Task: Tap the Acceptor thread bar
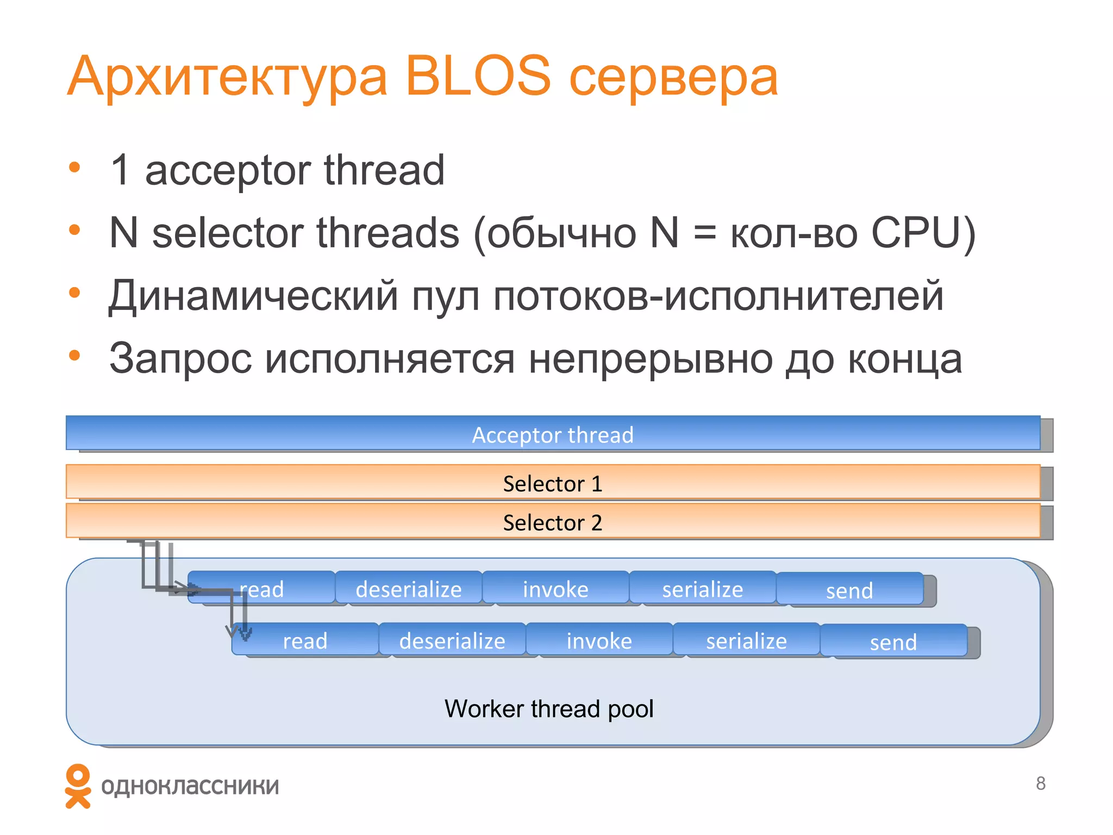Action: tap(552, 434)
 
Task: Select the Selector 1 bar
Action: tap(552, 483)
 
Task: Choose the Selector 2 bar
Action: tap(552, 522)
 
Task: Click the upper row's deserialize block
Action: tap(409, 588)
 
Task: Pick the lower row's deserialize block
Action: tap(452, 640)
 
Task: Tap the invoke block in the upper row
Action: tap(555, 588)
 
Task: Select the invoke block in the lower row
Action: tap(599, 640)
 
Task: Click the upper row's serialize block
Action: tap(702, 588)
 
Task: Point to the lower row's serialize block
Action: tap(746, 640)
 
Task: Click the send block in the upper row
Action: tap(849, 590)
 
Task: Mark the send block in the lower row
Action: tap(893, 641)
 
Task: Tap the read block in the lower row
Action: tap(305, 640)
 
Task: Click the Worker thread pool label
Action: tap(549, 708)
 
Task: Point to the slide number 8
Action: tap(1040, 783)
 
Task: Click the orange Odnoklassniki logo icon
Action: tap(78, 786)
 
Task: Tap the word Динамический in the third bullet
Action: tap(253, 296)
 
